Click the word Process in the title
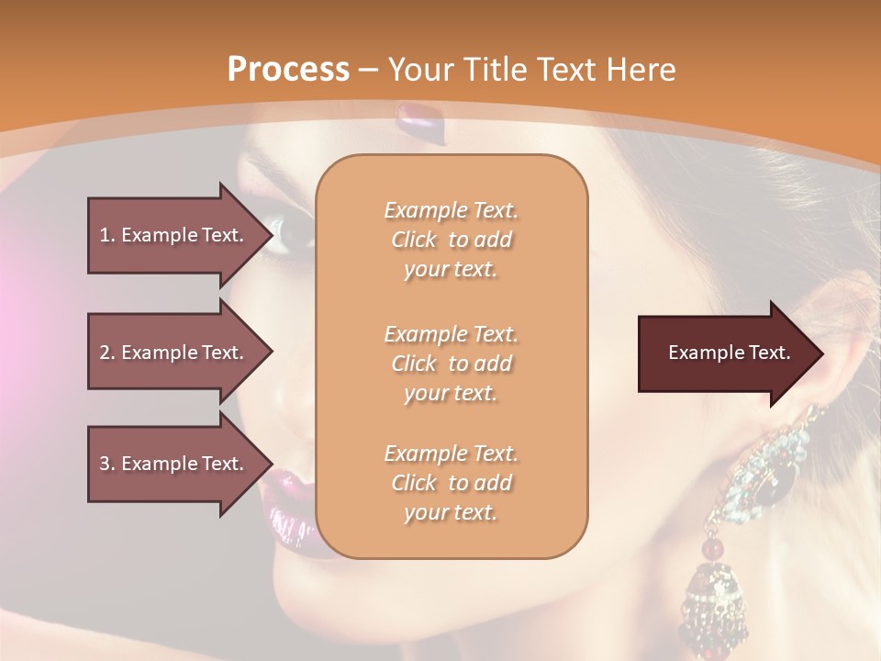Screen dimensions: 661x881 point(288,69)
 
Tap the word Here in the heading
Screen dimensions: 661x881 point(640,69)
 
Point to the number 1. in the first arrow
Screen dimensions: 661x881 point(107,235)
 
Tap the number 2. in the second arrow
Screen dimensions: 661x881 point(107,353)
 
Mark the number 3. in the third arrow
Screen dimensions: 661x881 point(107,464)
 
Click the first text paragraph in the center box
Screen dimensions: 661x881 point(451,240)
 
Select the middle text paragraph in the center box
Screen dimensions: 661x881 point(451,363)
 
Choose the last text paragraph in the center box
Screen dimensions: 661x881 point(451,483)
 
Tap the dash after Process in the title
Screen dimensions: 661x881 point(369,71)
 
